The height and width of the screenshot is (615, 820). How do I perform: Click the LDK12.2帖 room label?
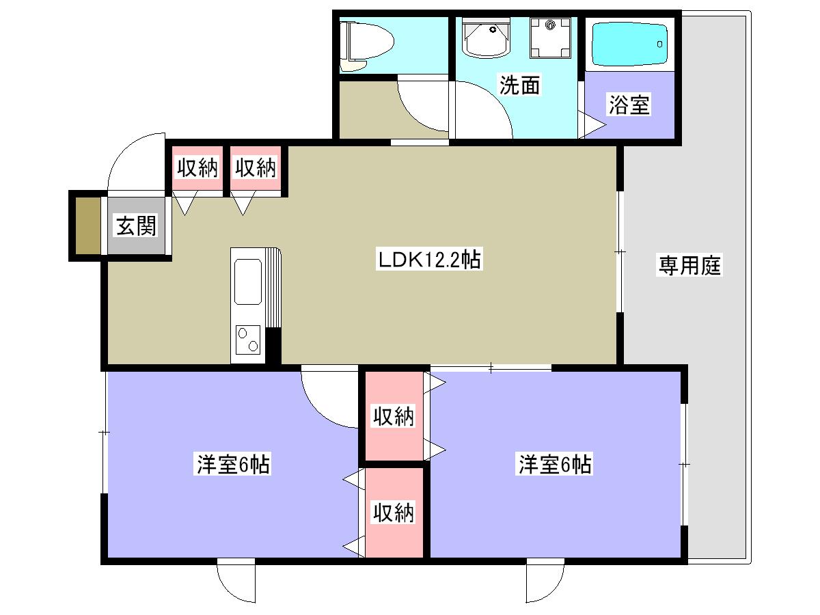coord(429,259)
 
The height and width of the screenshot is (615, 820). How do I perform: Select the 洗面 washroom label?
coord(520,85)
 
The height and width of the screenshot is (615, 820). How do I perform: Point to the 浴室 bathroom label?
coord(629,104)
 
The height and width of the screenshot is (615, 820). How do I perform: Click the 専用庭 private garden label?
coord(689,265)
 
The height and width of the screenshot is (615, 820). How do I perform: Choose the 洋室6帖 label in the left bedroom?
coord(232,464)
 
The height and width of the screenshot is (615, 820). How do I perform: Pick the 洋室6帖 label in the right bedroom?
coord(554,464)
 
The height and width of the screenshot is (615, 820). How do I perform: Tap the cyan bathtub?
coord(630,44)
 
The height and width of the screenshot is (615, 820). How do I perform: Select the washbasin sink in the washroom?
coord(486,38)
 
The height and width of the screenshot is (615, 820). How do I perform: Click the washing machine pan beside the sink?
coord(550,38)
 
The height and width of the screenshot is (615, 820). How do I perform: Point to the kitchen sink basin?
coord(247,282)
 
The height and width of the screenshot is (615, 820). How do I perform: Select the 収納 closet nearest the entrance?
coord(197,167)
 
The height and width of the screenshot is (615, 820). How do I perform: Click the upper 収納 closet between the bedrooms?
coord(394,416)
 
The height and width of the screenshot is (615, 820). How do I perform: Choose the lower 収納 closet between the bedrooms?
coord(394,513)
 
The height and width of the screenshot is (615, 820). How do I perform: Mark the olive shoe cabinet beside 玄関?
coord(88,225)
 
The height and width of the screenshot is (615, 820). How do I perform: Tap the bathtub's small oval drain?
coord(659,44)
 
